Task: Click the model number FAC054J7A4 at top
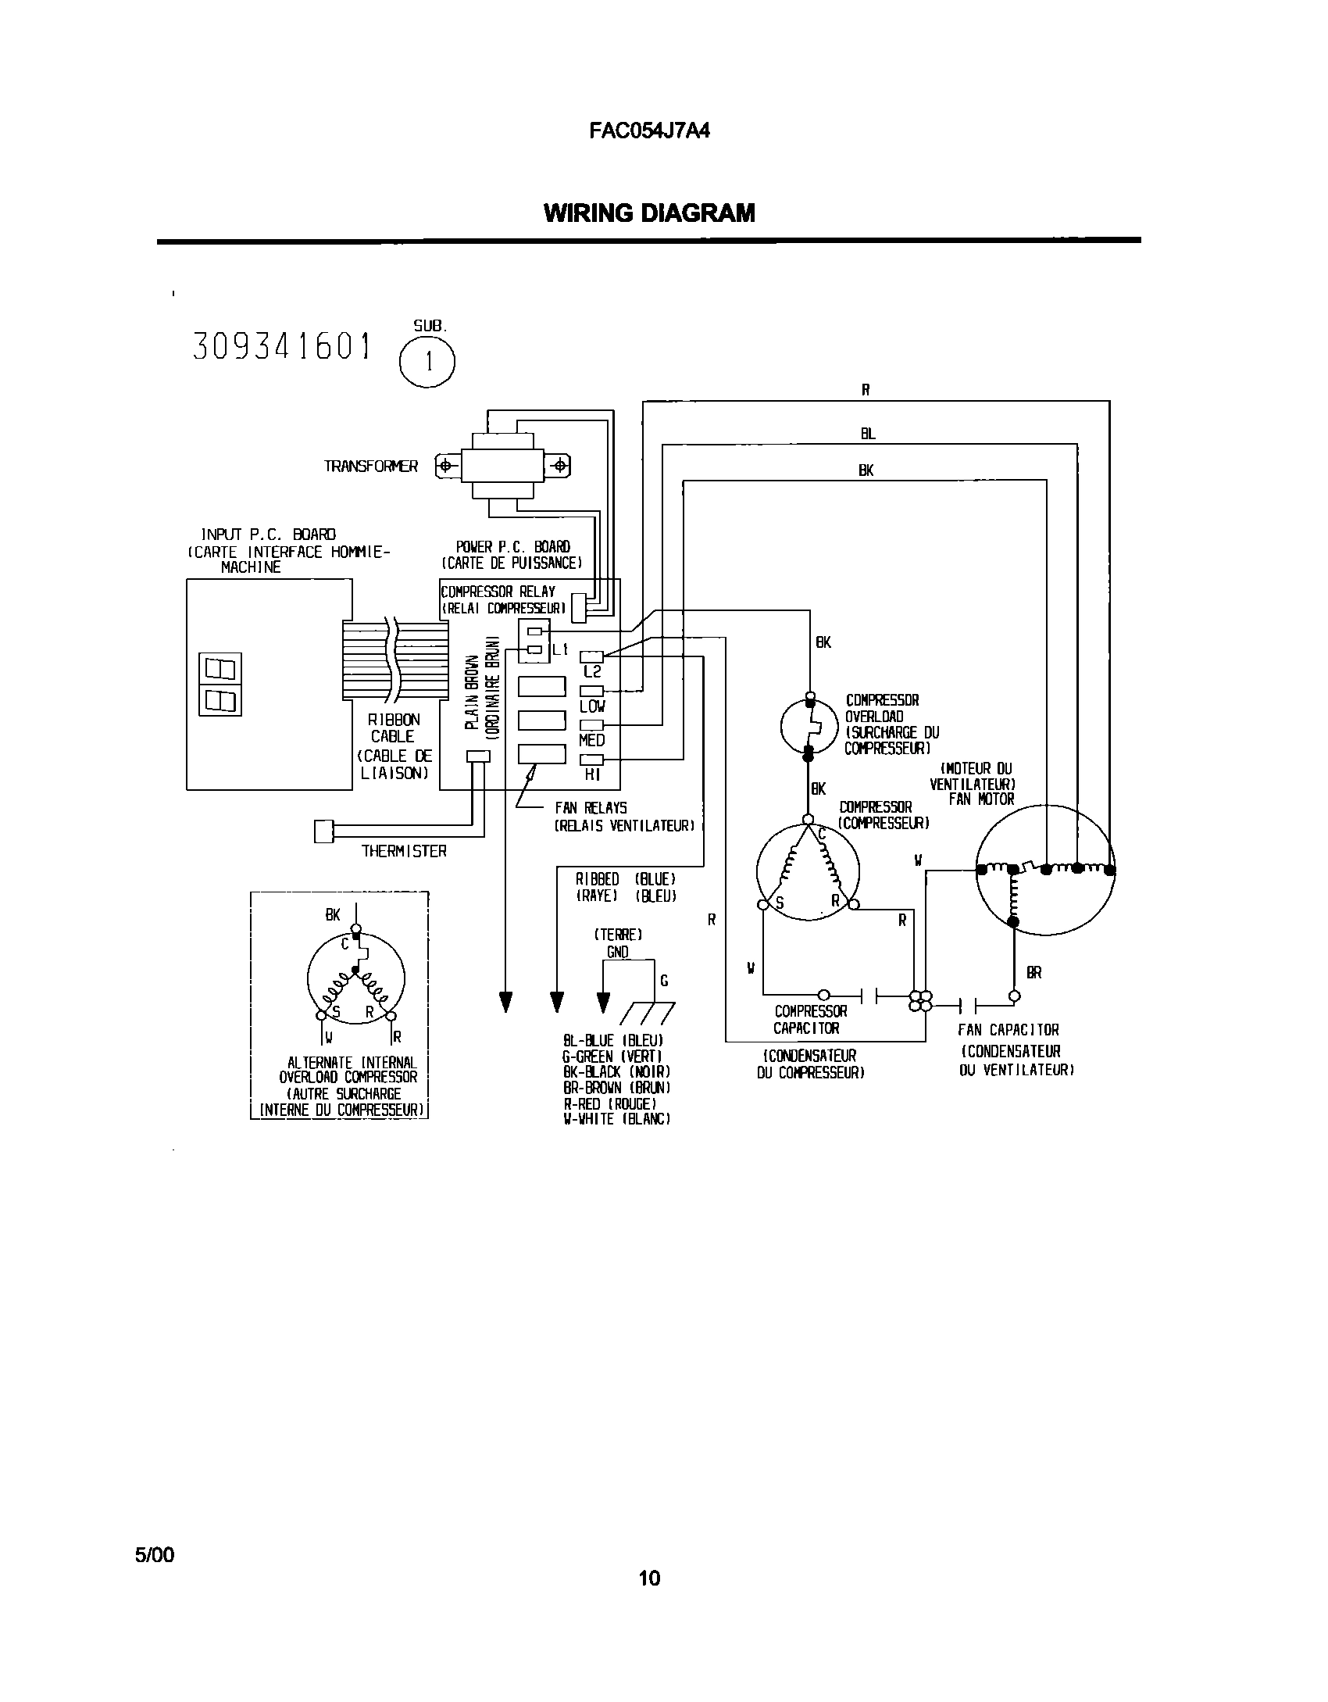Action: pyautogui.click(x=648, y=131)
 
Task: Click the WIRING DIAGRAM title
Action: pyautogui.click(x=648, y=213)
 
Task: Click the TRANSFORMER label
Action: pyautogui.click(x=371, y=467)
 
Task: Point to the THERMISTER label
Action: pyautogui.click(x=404, y=851)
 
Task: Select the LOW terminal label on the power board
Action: pyautogui.click(x=592, y=706)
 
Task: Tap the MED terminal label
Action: pyautogui.click(x=592, y=740)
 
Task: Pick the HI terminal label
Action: pyautogui.click(x=592, y=774)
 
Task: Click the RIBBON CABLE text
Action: pyautogui.click(x=394, y=728)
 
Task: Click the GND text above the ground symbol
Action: pyautogui.click(x=617, y=952)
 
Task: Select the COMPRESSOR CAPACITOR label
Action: pyautogui.click(x=810, y=1020)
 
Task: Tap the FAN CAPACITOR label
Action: pyautogui.click(x=1008, y=1030)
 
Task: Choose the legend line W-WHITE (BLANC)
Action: pyautogui.click(x=616, y=1119)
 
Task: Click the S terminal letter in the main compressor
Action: pyautogui.click(x=779, y=903)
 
